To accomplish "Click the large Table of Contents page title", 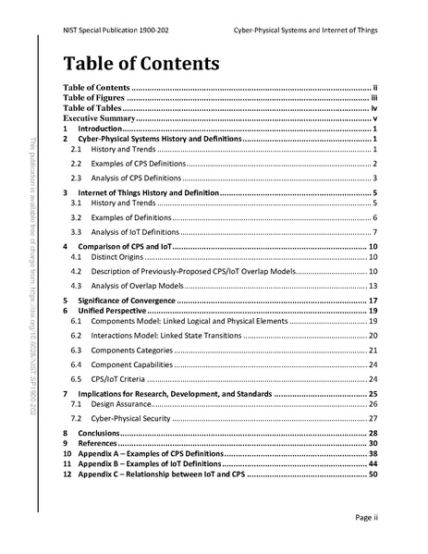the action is click(x=141, y=64).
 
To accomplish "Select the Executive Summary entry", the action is click(x=99, y=120).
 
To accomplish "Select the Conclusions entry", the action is click(x=98, y=433).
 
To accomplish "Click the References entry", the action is click(x=97, y=444).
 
